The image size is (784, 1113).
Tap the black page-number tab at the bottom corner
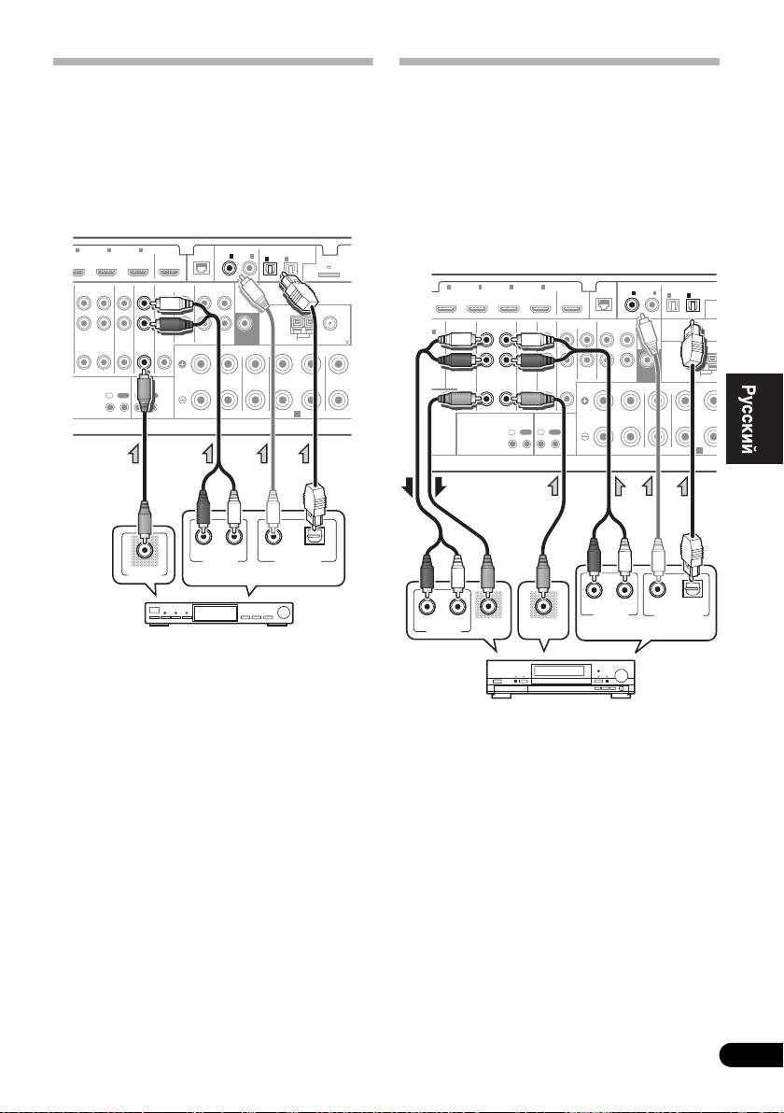(x=751, y=1055)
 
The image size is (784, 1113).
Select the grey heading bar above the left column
(x=213, y=62)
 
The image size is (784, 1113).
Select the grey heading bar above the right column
(x=559, y=62)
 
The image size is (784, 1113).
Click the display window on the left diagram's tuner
(x=216, y=613)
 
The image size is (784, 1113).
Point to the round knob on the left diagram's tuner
(x=285, y=613)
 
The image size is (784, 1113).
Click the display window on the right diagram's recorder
(x=561, y=671)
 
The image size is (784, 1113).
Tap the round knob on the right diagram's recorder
(x=623, y=675)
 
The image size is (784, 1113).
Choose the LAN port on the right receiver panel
(x=605, y=304)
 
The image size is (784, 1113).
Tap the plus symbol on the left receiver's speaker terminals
(x=182, y=365)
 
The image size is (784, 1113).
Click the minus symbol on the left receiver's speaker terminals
(x=182, y=400)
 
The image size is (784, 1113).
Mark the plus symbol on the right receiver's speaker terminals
(x=584, y=402)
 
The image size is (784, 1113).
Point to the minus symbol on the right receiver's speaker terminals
(x=584, y=436)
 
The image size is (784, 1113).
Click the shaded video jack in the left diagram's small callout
(x=145, y=549)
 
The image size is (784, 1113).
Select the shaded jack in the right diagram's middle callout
(x=543, y=607)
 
